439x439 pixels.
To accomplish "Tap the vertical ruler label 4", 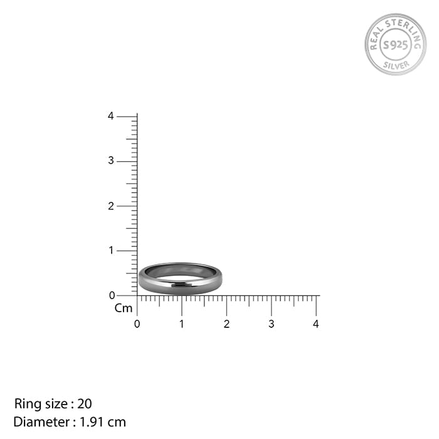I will [x=110, y=116].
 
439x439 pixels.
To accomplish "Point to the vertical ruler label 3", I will [x=110, y=161].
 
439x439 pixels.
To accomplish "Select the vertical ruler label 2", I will [x=110, y=206].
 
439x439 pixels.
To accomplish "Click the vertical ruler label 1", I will [x=110, y=251].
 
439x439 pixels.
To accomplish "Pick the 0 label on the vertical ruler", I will [x=112, y=295].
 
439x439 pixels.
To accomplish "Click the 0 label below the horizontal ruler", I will [x=137, y=324].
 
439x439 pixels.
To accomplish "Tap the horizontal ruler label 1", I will [x=182, y=324].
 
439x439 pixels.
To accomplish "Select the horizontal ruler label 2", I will [x=226, y=324].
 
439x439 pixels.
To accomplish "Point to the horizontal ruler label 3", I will [x=271, y=324].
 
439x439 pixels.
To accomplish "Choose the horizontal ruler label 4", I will [x=316, y=324].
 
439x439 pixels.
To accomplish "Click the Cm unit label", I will [x=124, y=308].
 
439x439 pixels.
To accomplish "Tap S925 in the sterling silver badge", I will [x=395, y=45].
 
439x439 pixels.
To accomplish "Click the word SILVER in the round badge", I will [x=396, y=63].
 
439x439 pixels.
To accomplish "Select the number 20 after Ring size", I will [x=85, y=404].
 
